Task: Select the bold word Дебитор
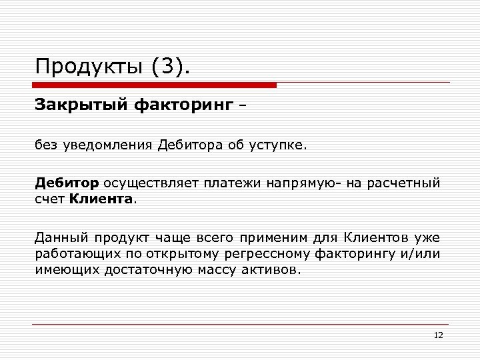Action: pos(67,182)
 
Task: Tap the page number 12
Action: pos(438,335)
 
